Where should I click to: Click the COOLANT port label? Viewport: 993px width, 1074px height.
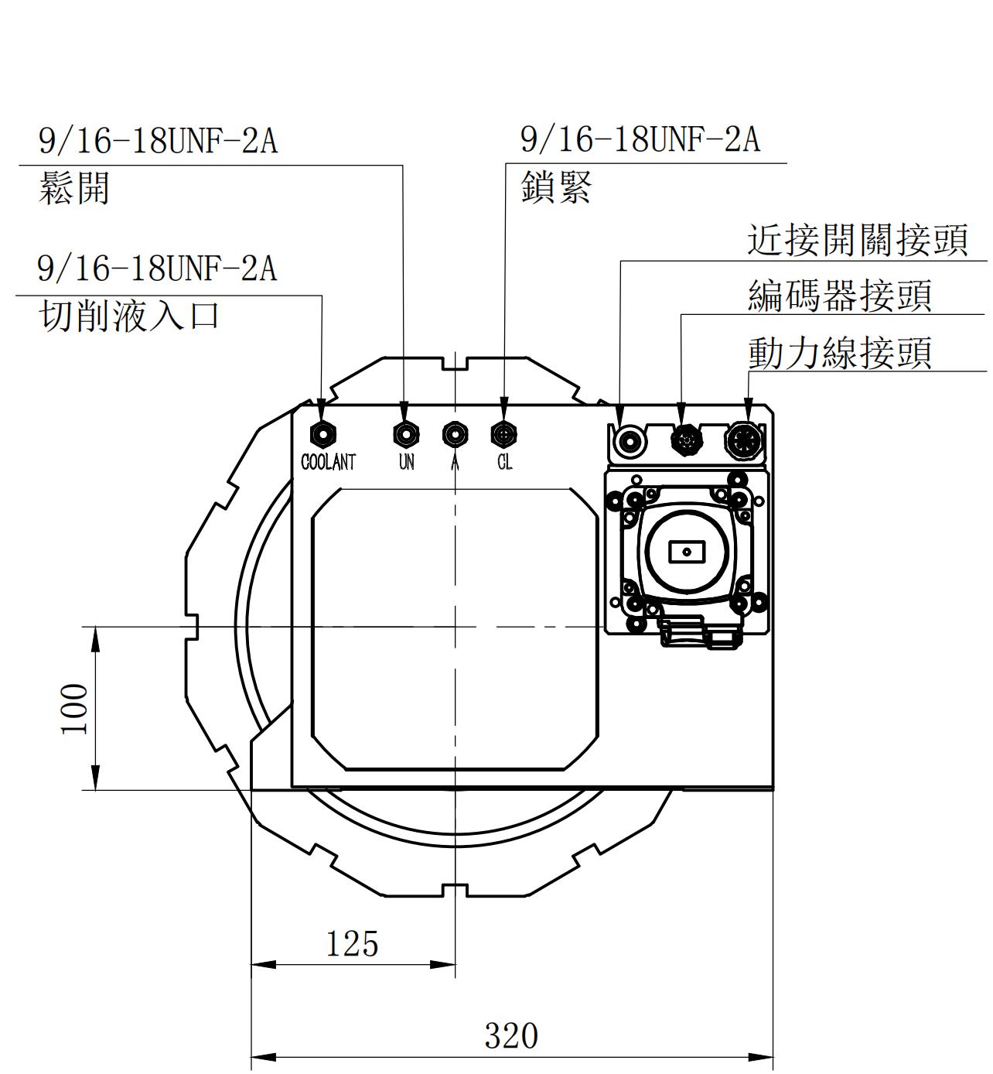328,462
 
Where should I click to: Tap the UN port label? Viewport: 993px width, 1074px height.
406,462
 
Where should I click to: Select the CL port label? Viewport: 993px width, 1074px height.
504,462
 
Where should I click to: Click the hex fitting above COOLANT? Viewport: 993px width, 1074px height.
322,433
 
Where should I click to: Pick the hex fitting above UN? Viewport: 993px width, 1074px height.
405,433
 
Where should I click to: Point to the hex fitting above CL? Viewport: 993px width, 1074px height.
504,433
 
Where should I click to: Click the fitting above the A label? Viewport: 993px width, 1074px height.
455,433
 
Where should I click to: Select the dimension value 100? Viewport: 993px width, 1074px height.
75,708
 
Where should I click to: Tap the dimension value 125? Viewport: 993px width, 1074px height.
352,944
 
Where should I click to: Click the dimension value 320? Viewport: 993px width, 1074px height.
511,1035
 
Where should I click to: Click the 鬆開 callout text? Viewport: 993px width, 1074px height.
74,188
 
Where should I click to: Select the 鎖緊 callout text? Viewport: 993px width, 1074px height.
556,187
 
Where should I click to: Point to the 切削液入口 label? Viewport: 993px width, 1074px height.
129,316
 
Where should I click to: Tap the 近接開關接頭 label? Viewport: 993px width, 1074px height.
857,240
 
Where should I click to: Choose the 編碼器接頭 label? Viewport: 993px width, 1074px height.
839,296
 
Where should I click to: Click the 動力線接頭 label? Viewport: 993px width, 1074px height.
839,353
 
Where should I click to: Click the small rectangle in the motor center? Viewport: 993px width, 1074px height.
686,552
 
